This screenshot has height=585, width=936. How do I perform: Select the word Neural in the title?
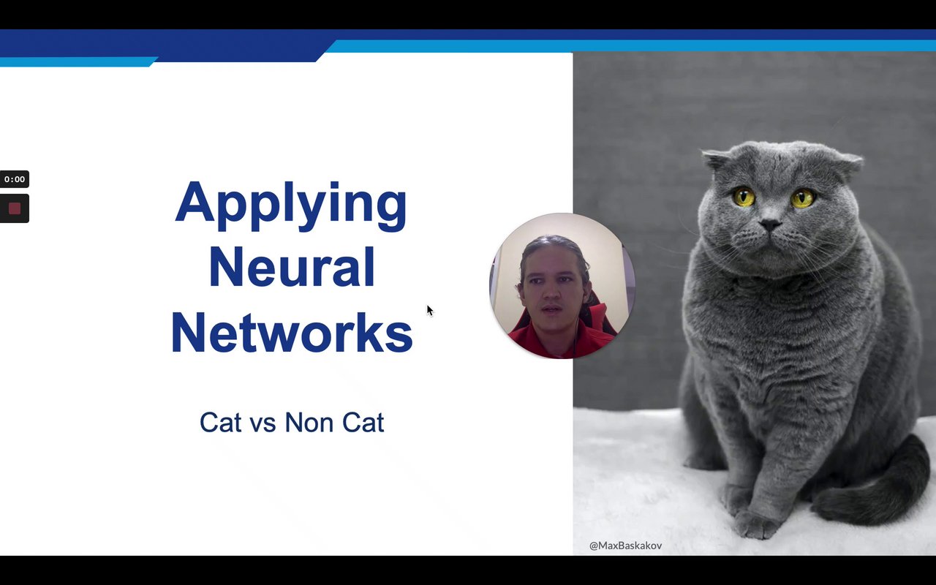[292, 267]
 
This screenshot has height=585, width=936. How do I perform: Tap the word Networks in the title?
[292, 333]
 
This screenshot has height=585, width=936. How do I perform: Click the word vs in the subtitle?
[263, 423]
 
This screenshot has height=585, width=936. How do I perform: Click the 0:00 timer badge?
[14, 179]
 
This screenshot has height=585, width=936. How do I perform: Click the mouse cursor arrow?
[430, 311]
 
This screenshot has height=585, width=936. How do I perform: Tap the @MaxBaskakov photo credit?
[625, 546]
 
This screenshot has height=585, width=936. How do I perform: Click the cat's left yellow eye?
[744, 197]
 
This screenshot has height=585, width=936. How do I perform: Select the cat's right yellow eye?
[803, 198]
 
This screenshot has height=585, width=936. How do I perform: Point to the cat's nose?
[771, 224]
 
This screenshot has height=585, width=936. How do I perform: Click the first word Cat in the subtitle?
[221, 422]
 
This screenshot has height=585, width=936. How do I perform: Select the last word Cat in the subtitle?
[363, 422]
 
